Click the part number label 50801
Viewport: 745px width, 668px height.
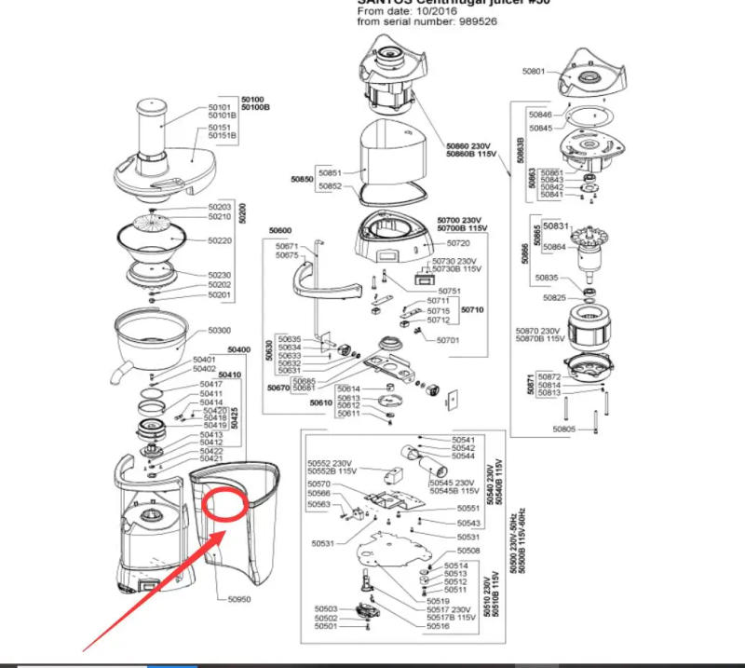533,70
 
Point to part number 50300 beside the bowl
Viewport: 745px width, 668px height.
219,331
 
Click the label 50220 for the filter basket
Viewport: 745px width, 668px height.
219,240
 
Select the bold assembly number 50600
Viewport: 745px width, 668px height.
280,231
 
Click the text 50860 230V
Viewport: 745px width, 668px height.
467,146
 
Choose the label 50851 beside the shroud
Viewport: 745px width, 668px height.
330,173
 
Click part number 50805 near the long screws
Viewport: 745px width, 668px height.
564,429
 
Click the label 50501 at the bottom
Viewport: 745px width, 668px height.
326,626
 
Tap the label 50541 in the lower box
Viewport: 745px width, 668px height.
464,440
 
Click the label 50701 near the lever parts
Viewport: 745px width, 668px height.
448,340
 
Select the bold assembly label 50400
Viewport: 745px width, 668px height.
239,350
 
